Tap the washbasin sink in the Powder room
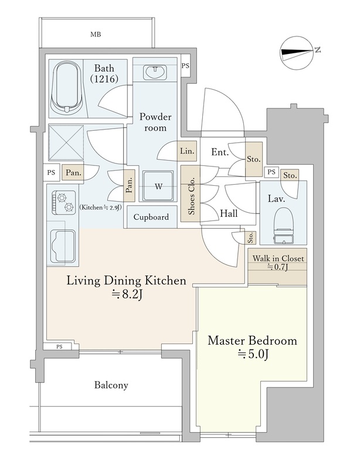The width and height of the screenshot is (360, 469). point(155,72)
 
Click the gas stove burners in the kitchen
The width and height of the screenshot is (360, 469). point(64,202)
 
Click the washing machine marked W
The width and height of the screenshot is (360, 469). point(158,186)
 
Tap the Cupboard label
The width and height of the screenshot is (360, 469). point(151,217)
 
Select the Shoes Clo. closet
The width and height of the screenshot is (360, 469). point(191,194)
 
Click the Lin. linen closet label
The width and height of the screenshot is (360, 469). point(188,151)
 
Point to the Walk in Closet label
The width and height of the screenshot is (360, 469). point(278,259)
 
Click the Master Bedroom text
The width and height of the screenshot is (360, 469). point(252,341)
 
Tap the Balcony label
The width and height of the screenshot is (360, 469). point(111,385)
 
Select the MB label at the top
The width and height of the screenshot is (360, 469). point(96,35)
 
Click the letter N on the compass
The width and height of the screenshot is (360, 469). point(318,50)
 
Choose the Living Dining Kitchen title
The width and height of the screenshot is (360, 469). point(126,281)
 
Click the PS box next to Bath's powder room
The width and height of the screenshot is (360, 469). point(185,66)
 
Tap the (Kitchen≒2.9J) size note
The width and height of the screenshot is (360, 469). point(100,208)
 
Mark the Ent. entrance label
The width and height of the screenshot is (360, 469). point(220,152)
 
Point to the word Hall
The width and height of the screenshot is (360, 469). point(229,213)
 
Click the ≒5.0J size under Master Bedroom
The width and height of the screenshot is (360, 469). point(253,355)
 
